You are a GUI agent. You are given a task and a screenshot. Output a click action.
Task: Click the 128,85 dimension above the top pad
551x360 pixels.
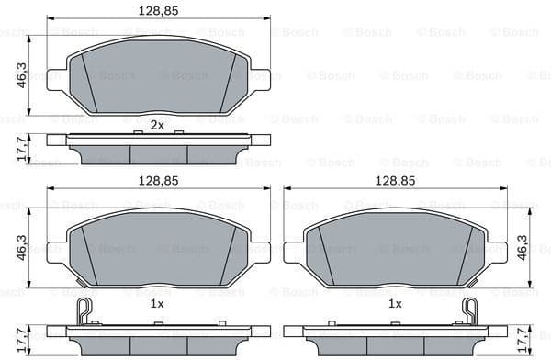click(x=156, y=11)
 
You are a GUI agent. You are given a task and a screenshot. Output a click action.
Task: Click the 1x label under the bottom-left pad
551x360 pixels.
click(x=157, y=303)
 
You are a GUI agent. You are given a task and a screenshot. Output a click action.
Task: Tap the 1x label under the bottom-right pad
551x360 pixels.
click(x=395, y=303)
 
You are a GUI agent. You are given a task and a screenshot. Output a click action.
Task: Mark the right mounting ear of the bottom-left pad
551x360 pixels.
click(x=260, y=250)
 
